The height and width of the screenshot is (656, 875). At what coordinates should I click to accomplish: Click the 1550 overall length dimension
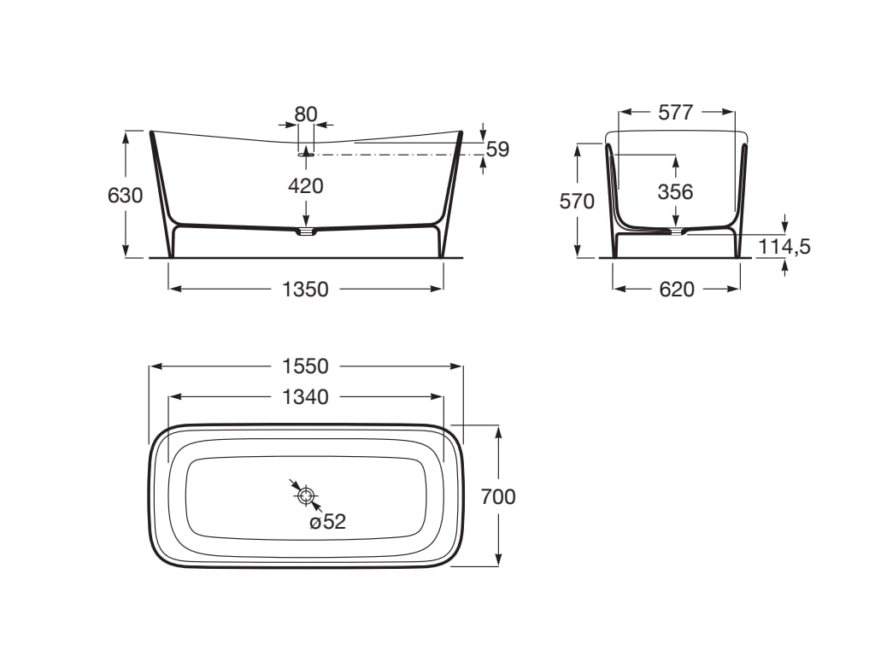coord(305,366)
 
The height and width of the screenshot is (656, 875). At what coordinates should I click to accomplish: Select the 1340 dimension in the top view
coord(305,397)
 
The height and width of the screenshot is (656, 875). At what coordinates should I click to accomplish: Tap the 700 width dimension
coord(498,496)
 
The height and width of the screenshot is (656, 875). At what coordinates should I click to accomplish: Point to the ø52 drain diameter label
coord(327,522)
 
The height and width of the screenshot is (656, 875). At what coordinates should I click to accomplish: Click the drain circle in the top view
coord(306,495)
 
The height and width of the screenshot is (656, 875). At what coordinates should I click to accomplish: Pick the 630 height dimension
coord(125,196)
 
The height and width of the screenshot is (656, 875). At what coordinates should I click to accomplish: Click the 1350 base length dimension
coord(305,290)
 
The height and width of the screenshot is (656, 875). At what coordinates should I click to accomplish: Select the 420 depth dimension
coord(306,185)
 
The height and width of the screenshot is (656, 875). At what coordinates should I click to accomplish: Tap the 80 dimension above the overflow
coord(306,114)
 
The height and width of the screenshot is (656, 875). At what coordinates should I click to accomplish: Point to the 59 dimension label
coord(498,149)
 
